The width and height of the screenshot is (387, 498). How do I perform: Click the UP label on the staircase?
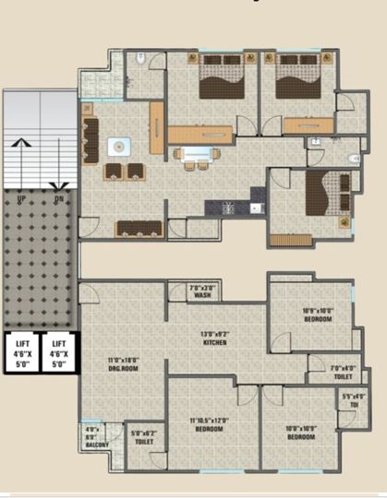pyautogui.click(x=21, y=197)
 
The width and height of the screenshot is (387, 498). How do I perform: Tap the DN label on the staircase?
pyautogui.click(x=58, y=197)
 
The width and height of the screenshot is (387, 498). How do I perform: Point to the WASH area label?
pyautogui.click(x=201, y=292)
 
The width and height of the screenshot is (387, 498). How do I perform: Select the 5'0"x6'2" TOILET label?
pyautogui.click(x=143, y=437)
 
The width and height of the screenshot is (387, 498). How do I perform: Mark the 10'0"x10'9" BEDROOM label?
pyautogui.click(x=299, y=432)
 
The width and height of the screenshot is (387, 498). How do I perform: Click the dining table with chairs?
pyautogui.click(x=195, y=155)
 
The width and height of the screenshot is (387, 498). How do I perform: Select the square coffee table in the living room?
pyautogui.click(x=120, y=147)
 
